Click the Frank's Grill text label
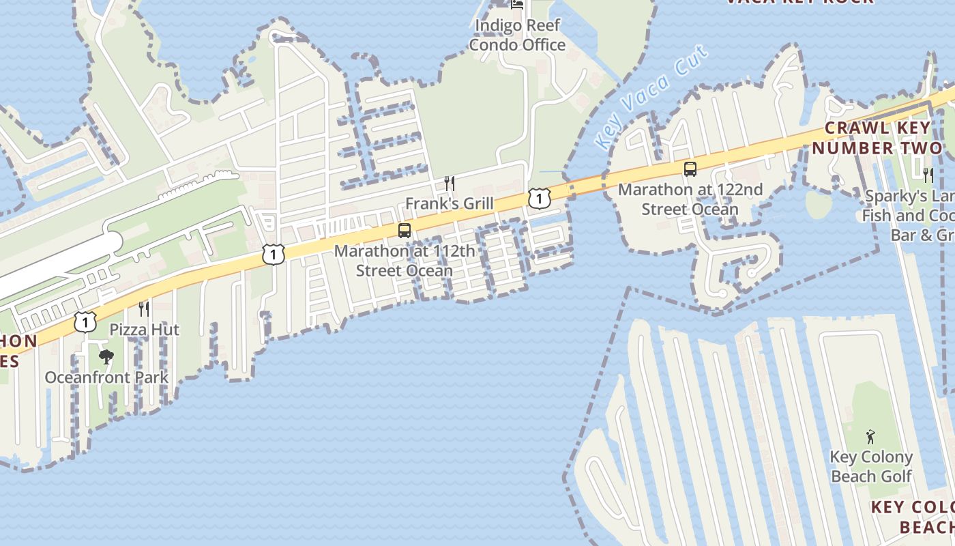point(450,203)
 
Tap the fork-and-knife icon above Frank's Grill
point(449,183)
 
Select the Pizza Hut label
point(144,330)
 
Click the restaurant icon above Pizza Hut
point(143,309)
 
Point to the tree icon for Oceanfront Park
point(106,356)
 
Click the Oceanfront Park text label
point(106,377)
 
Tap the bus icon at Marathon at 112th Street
point(405,231)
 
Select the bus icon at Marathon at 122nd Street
point(690,169)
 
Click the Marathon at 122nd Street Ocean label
point(690,199)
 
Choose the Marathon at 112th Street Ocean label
point(405,261)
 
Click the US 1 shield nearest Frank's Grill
point(539,199)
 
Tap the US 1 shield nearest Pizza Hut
point(85,321)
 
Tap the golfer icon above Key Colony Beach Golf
point(870,436)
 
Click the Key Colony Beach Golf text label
point(871,466)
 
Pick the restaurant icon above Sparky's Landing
point(928,175)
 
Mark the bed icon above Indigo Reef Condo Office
point(518,5)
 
